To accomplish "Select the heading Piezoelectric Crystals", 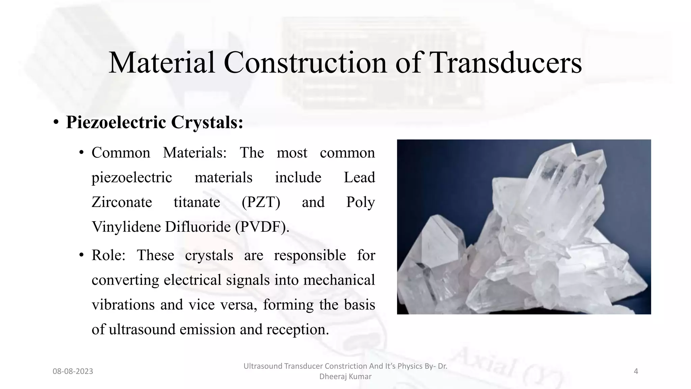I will pos(155,122).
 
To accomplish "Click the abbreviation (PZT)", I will pos(261,202).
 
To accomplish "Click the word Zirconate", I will pos(122,202).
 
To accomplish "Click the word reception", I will pos(297,329).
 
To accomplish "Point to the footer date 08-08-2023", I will pos(73,371).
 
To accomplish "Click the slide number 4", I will pos(636,371).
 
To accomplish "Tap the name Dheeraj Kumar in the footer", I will pos(345,377).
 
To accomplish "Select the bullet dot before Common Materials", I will pos(81,153).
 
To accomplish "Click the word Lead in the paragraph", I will pos(359,178).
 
